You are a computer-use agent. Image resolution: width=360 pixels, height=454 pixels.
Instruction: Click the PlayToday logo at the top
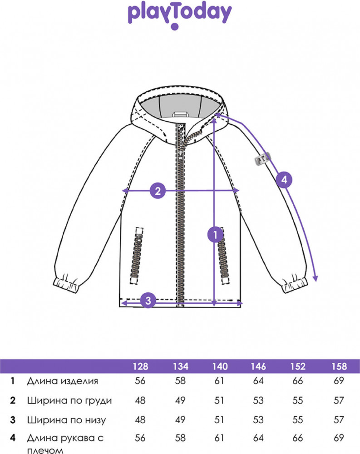point(180,15)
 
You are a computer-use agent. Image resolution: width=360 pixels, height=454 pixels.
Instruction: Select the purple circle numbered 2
point(158,191)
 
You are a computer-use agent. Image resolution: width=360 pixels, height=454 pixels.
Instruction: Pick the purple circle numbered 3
point(148,300)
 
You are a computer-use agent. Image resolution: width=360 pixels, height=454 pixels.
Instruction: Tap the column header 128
point(140,366)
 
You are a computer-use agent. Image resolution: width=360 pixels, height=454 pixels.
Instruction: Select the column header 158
point(339,366)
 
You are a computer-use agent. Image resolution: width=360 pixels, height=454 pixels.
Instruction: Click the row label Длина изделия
point(62,381)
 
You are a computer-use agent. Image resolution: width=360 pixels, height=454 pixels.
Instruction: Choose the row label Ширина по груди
point(69,400)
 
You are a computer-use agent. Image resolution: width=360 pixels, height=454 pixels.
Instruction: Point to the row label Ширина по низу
point(66,420)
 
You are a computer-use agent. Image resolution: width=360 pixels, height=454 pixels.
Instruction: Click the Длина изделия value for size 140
point(219,381)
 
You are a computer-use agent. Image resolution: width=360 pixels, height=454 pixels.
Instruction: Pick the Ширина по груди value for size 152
point(298,400)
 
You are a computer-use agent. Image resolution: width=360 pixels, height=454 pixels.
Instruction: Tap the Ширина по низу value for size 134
point(180,420)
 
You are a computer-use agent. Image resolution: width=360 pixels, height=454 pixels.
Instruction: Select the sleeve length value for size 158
point(339,438)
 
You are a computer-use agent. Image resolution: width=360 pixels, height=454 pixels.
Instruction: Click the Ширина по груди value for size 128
point(140,400)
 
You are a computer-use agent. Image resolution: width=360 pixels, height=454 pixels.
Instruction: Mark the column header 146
point(259,366)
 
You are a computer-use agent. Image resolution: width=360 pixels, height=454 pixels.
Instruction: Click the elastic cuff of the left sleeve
point(66,285)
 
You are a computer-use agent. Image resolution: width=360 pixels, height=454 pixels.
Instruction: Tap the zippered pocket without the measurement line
point(138,257)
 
